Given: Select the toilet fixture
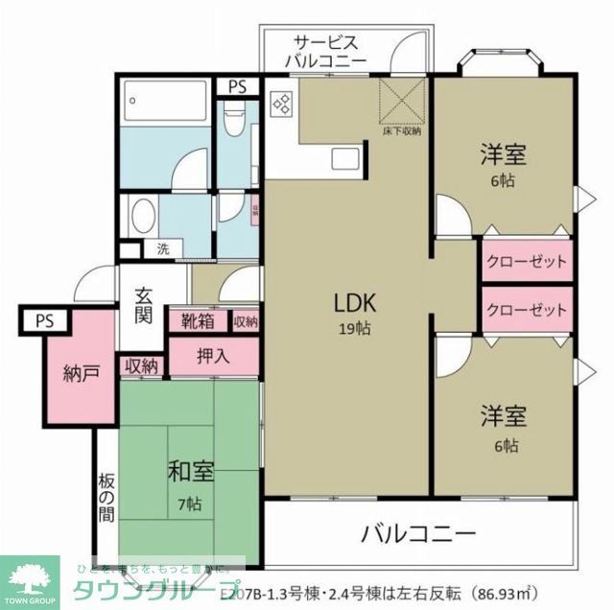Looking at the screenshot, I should pyautogui.click(x=232, y=123).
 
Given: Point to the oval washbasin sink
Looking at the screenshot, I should pyautogui.click(x=144, y=214).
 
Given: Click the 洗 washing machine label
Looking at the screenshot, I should pyautogui.click(x=163, y=249).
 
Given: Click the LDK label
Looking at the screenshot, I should pyautogui.click(x=354, y=303).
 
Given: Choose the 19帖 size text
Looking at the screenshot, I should pyautogui.click(x=354, y=327).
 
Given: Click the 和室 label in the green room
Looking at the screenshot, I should pyautogui.click(x=190, y=472).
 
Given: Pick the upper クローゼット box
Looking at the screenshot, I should pyautogui.click(x=526, y=262).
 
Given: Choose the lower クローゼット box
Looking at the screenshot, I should pyautogui.click(x=526, y=311).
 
